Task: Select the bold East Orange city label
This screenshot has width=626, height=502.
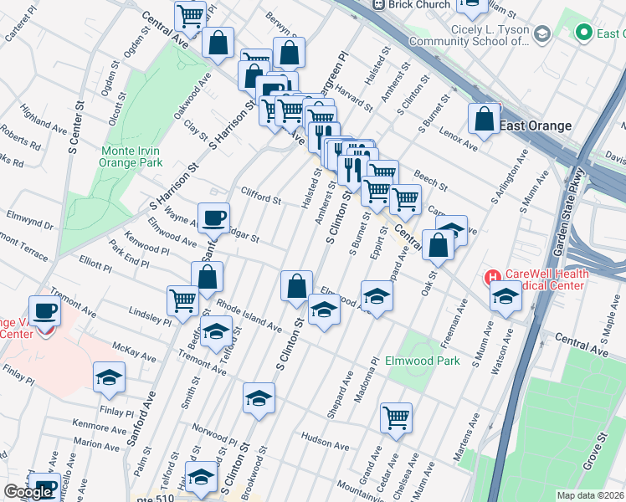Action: click(x=536, y=125)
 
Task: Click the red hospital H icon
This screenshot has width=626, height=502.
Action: click(x=493, y=276)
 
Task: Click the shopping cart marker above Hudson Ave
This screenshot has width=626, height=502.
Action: click(x=396, y=417)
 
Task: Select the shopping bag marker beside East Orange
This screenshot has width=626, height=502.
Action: click(x=485, y=120)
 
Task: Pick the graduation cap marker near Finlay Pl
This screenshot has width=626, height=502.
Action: click(x=109, y=379)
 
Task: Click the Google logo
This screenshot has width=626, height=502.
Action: click(x=28, y=492)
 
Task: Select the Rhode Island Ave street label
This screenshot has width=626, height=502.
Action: click(x=249, y=315)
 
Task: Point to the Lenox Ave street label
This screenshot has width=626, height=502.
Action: click(x=459, y=140)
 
